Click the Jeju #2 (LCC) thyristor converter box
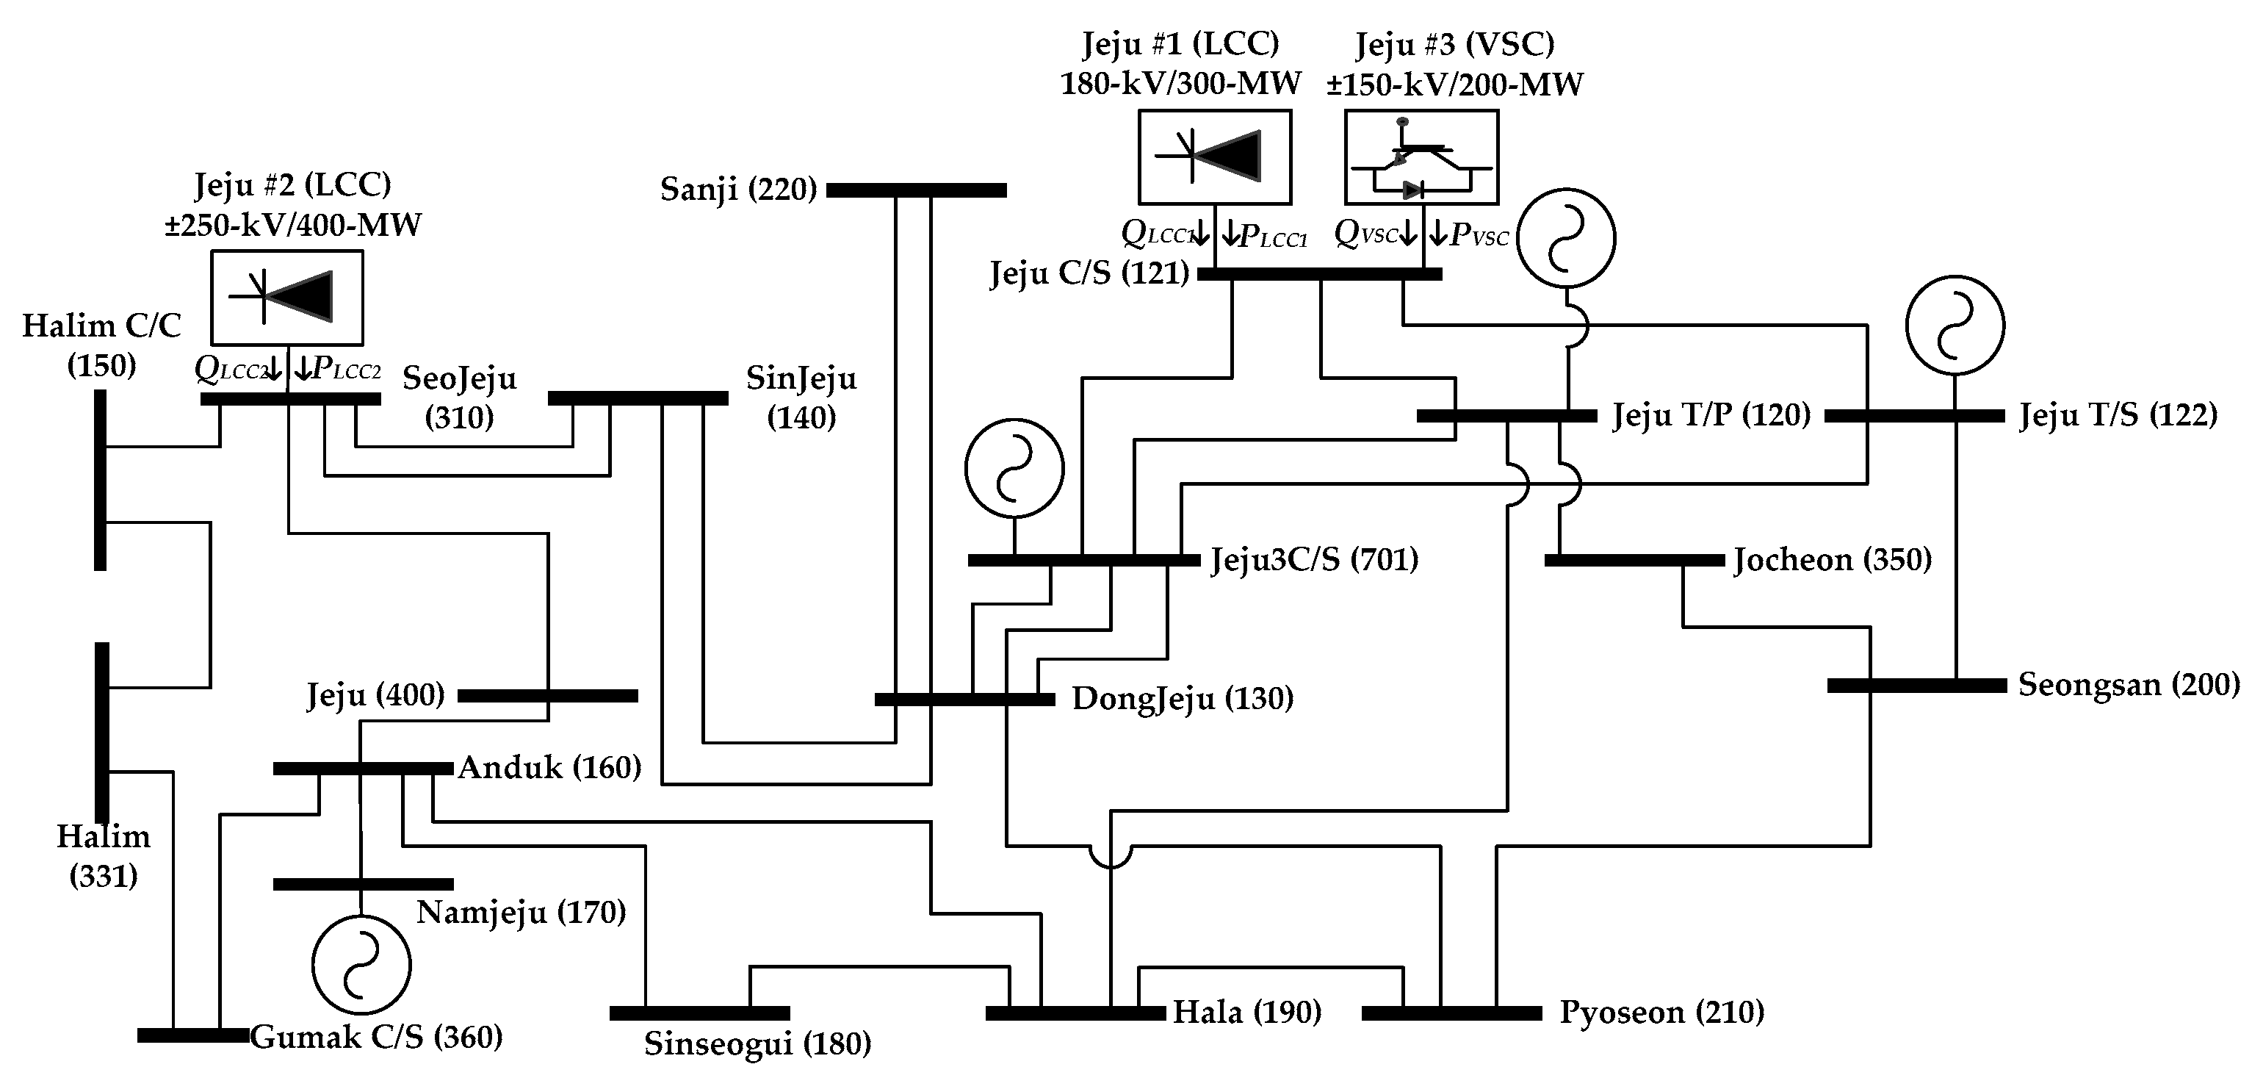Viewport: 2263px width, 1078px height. point(286,297)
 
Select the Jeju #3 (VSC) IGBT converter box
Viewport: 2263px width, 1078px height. point(1421,157)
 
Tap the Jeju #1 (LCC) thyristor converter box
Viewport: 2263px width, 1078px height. point(1214,157)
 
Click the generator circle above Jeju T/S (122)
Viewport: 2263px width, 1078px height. point(1955,325)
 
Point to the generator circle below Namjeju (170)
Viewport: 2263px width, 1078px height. point(361,964)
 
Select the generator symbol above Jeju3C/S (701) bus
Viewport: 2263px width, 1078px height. point(1014,468)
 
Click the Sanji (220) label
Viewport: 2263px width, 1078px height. point(738,189)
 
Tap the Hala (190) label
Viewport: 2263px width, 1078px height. point(1246,1012)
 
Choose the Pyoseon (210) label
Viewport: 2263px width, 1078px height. point(1661,1012)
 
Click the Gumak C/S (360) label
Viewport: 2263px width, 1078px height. point(376,1038)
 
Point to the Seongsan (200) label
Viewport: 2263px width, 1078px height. point(2128,684)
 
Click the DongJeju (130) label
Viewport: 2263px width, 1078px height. point(1183,700)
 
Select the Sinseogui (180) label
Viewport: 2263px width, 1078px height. point(757,1043)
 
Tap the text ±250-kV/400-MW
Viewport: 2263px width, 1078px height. point(292,225)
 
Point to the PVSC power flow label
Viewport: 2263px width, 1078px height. point(1479,234)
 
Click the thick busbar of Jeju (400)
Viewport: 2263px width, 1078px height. point(547,696)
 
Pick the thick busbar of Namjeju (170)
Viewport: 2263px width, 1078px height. point(363,884)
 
